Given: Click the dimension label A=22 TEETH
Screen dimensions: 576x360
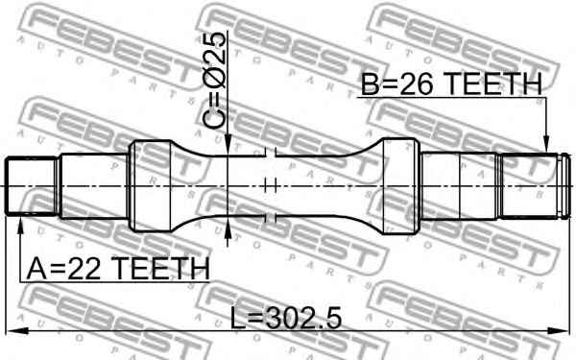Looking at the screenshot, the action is [118, 268].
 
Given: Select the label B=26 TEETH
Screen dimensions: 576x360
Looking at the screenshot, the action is [451, 84].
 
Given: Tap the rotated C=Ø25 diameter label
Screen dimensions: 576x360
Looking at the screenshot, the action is [214, 80].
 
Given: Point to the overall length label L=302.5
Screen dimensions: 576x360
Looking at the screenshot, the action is [286, 318].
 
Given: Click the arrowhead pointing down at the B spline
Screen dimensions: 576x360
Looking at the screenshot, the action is [546, 144].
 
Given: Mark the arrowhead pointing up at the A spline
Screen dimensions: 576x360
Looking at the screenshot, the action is [20, 224].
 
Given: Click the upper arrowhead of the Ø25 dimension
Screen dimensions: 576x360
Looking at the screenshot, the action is [228, 146].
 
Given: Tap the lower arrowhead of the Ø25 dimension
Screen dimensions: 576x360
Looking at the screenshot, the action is [228, 226].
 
